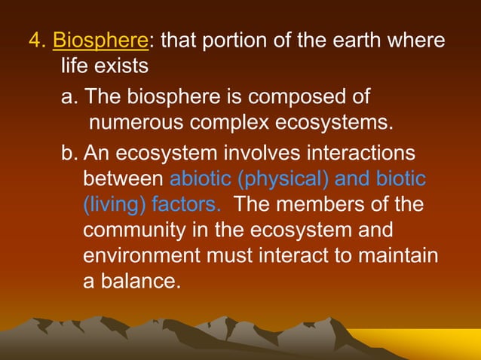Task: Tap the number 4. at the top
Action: pos(38,38)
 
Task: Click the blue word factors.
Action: pos(187,205)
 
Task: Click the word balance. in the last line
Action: pos(140,282)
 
